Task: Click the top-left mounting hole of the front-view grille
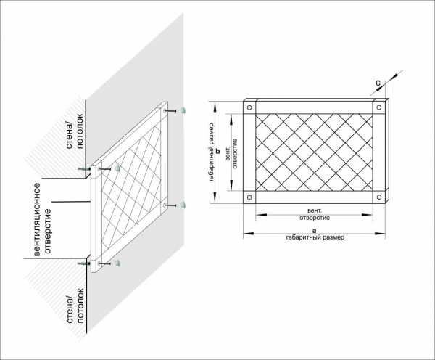(x=249, y=107)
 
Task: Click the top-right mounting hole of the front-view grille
(x=379, y=107)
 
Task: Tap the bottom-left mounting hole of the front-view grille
(x=249, y=197)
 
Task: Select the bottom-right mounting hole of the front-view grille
(x=379, y=197)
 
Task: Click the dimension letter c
(x=378, y=83)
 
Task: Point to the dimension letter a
(x=314, y=231)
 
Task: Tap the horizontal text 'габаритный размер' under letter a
(x=315, y=237)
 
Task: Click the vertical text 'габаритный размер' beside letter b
(x=212, y=152)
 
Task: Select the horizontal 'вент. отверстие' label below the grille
(x=315, y=214)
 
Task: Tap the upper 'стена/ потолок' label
(x=75, y=131)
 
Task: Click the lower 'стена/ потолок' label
(x=75, y=306)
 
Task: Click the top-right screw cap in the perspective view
(x=182, y=110)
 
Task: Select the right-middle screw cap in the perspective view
(x=182, y=205)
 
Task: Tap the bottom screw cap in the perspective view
(x=117, y=263)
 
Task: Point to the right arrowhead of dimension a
(x=380, y=234)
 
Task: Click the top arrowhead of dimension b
(x=215, y=107)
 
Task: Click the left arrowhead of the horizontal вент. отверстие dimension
(x=261, y=215)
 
